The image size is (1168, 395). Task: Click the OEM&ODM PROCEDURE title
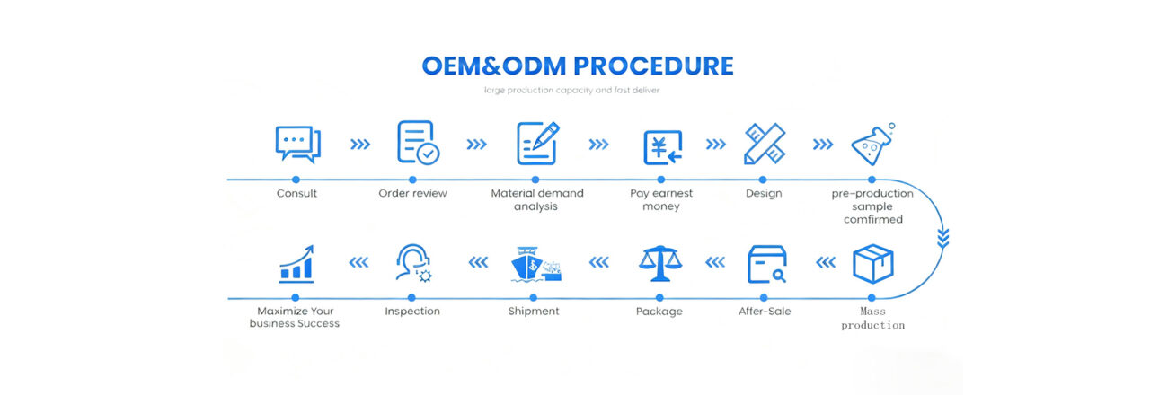click(577, 66)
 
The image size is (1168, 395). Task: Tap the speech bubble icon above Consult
click(296, 144)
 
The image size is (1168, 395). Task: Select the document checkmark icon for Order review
click(417, 143)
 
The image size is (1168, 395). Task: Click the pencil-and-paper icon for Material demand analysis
click(537, 143)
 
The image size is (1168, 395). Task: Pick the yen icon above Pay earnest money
click(662, 145)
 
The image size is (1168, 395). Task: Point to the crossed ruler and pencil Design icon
click(764, 144)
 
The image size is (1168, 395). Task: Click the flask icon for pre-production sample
click(874, 144)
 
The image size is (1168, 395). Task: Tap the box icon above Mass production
click(873, 264)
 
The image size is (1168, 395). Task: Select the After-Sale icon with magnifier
click(766, 264)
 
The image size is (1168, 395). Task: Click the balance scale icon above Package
click(659, 264)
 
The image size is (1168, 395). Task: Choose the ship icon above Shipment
click(535, 265)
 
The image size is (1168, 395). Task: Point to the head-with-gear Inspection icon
click(413, 264)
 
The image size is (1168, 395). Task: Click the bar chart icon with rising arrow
click(296, 264)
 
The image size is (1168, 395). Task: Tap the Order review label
click(412, 193)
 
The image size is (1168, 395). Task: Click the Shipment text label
click(535, 311)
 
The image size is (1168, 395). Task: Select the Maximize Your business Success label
click(295, 317)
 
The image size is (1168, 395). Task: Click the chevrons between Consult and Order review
click(359, 144)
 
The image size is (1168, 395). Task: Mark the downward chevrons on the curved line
click(942, 237)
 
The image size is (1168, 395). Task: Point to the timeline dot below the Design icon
click(764, 180)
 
